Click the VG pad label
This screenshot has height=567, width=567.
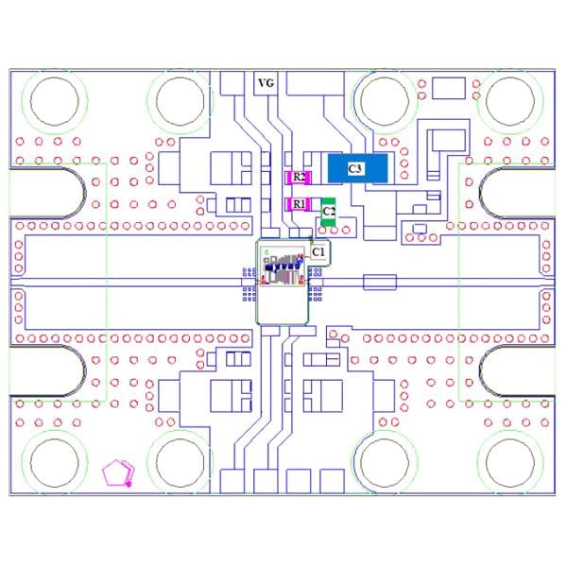coord(266,83)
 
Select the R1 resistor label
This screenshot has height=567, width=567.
coord(299,204)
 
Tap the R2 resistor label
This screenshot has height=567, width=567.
coord(299,178)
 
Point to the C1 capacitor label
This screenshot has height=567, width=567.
coord(318,252)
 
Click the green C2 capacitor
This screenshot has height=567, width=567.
coord(328,212)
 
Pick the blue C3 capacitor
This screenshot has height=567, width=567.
coord(357,168)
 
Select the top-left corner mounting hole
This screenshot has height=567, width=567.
coord(55,101)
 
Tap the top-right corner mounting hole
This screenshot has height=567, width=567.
coord(510,101)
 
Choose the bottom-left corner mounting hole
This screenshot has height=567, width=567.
coord(55,462)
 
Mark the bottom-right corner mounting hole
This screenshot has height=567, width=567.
coord(510,462)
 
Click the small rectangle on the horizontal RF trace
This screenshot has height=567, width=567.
coord(380,283)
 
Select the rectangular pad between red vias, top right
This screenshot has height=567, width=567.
coord(449,88)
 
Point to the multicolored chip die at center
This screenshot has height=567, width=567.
coord(283,267)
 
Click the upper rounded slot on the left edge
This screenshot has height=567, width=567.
coord(47,193)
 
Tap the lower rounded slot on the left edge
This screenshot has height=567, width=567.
coord(47,370)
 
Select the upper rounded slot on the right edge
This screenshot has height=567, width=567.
coord(518,193)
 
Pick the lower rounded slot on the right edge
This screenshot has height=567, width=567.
coord(518,370)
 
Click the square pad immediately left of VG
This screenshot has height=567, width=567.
coord(232,83)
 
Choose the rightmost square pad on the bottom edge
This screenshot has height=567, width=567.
coord(332,481)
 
